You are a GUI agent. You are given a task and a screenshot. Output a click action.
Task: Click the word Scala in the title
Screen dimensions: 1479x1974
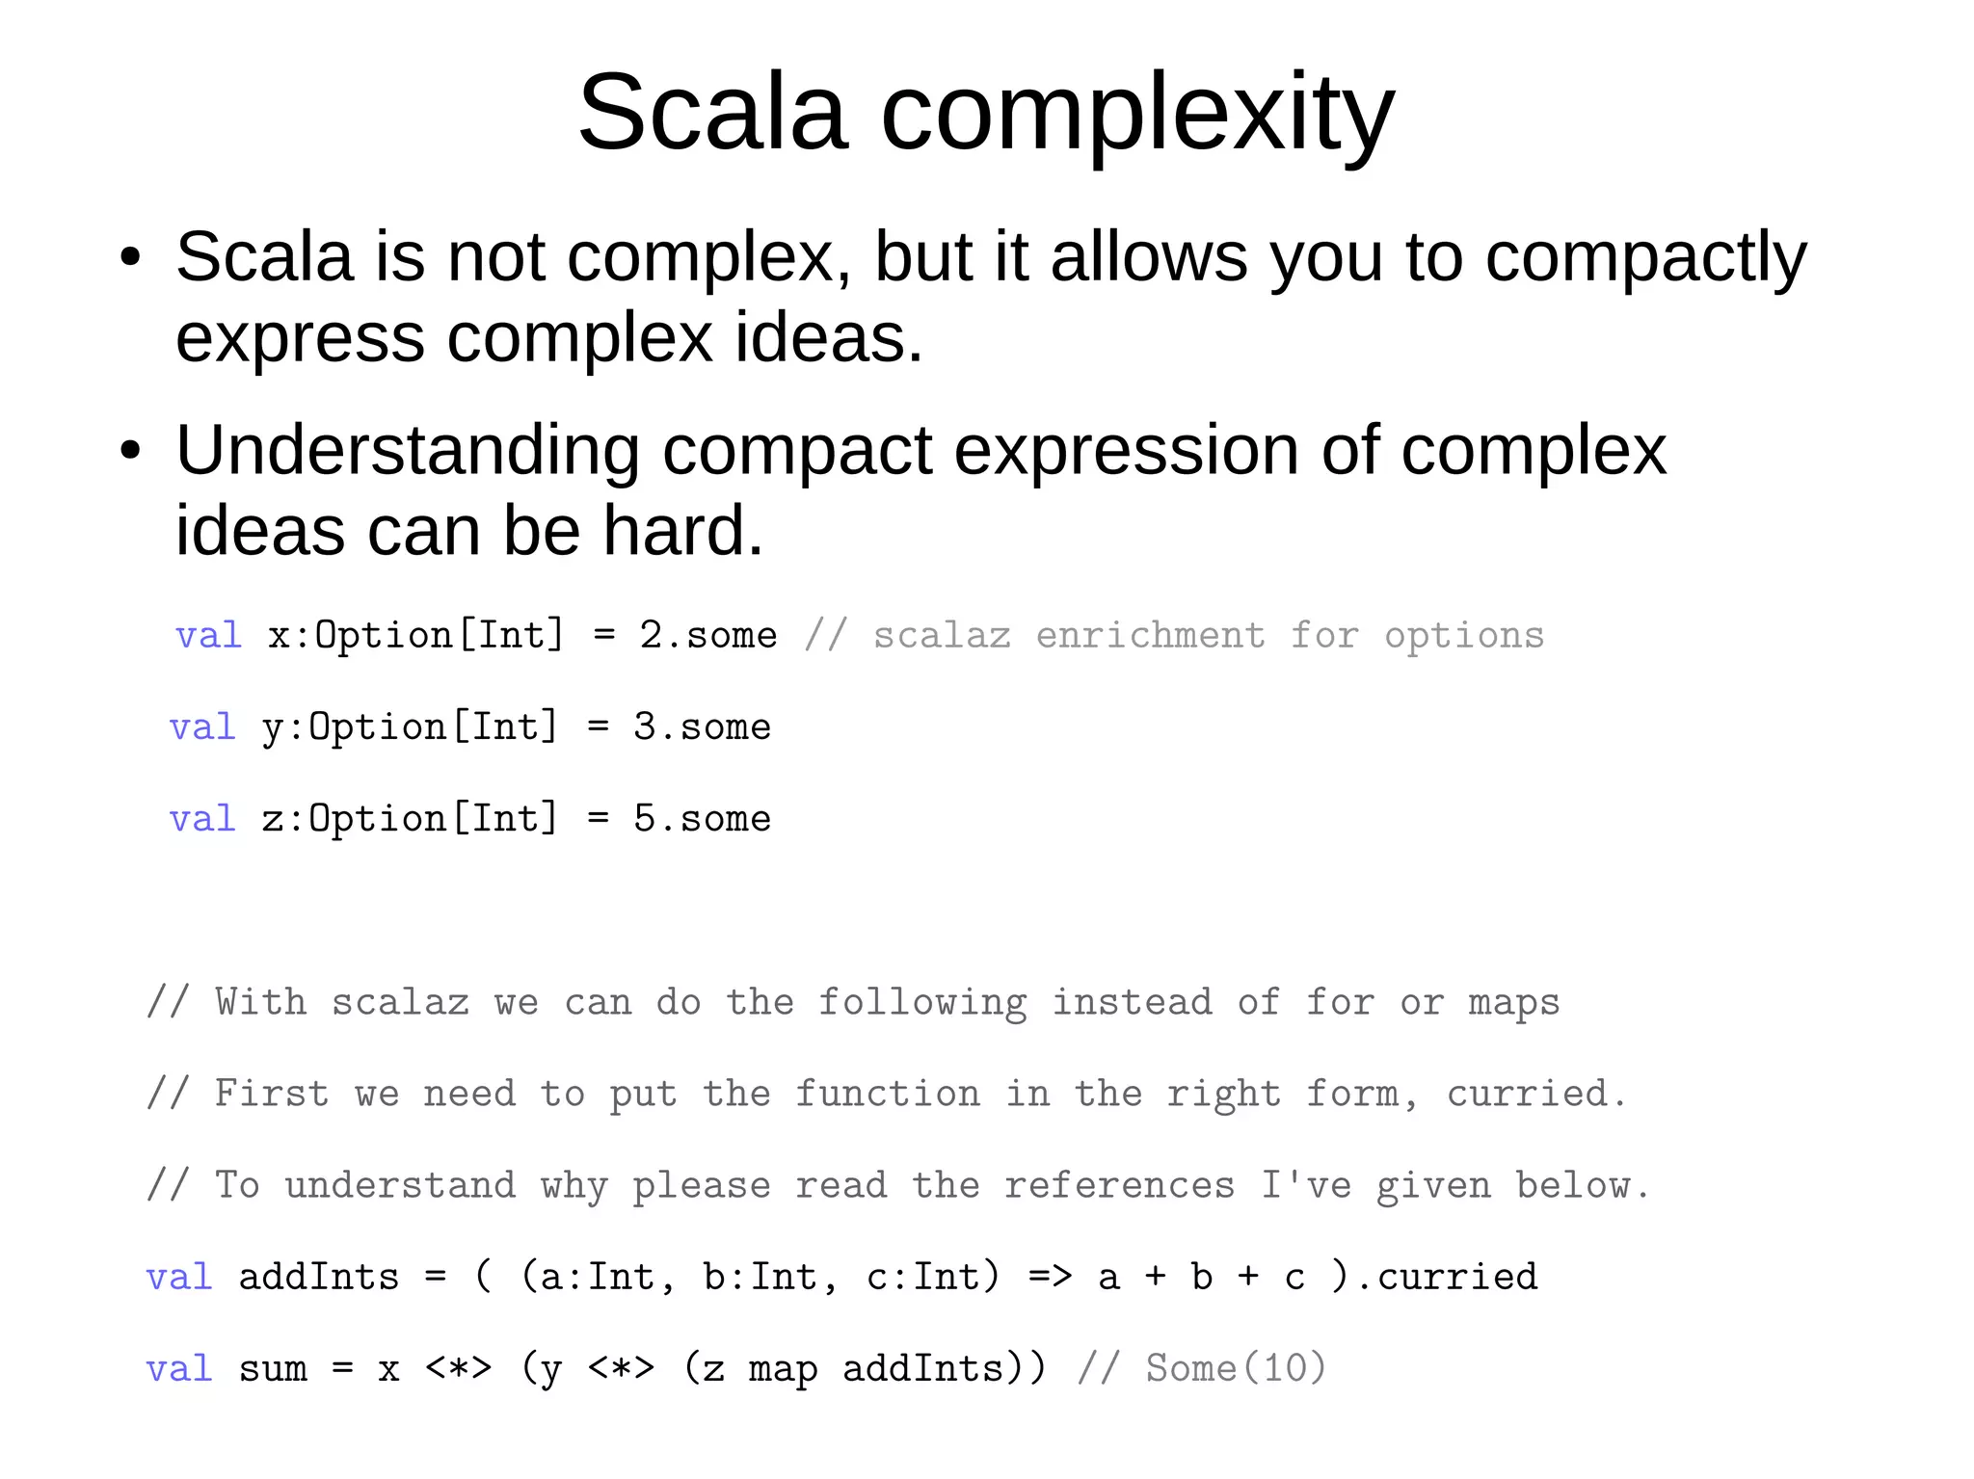pos(712,114)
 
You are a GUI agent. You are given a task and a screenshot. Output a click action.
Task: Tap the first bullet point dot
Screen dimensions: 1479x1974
pos(131,258)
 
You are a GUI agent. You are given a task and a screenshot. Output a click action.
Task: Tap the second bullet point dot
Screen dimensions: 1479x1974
pos(131,451)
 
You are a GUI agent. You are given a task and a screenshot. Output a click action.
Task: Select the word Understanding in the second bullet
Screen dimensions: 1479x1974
pos(408,451)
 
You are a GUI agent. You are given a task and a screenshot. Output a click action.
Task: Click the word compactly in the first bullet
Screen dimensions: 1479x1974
pos(1645,258)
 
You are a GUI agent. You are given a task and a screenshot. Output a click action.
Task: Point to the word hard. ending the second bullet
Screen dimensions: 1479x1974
pos(682,531)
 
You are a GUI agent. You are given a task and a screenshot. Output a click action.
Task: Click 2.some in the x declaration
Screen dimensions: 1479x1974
pos(707,636)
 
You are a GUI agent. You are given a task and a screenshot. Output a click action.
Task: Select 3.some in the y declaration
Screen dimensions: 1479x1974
pos(702,727)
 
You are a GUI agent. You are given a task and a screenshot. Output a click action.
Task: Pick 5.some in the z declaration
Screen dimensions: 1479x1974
pos(702,819)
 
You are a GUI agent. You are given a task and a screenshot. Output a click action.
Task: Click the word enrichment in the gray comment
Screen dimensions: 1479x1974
pos(1150,636)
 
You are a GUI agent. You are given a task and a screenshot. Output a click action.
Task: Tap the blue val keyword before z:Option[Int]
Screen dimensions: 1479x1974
pos(202,819)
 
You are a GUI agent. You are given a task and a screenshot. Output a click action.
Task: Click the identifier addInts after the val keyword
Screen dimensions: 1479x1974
pos(319,1278)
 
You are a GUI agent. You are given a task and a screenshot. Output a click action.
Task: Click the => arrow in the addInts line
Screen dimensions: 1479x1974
pos(1050,1278)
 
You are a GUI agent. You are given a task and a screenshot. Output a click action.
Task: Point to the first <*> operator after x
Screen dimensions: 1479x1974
pos(459,1369)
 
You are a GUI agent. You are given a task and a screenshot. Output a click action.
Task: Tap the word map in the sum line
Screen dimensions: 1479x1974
pos(783,1369)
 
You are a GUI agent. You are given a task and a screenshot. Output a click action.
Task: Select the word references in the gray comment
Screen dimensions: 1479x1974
pos(1119,1186)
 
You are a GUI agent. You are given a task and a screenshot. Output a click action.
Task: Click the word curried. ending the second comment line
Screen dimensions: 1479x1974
pos(1536,1095)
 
